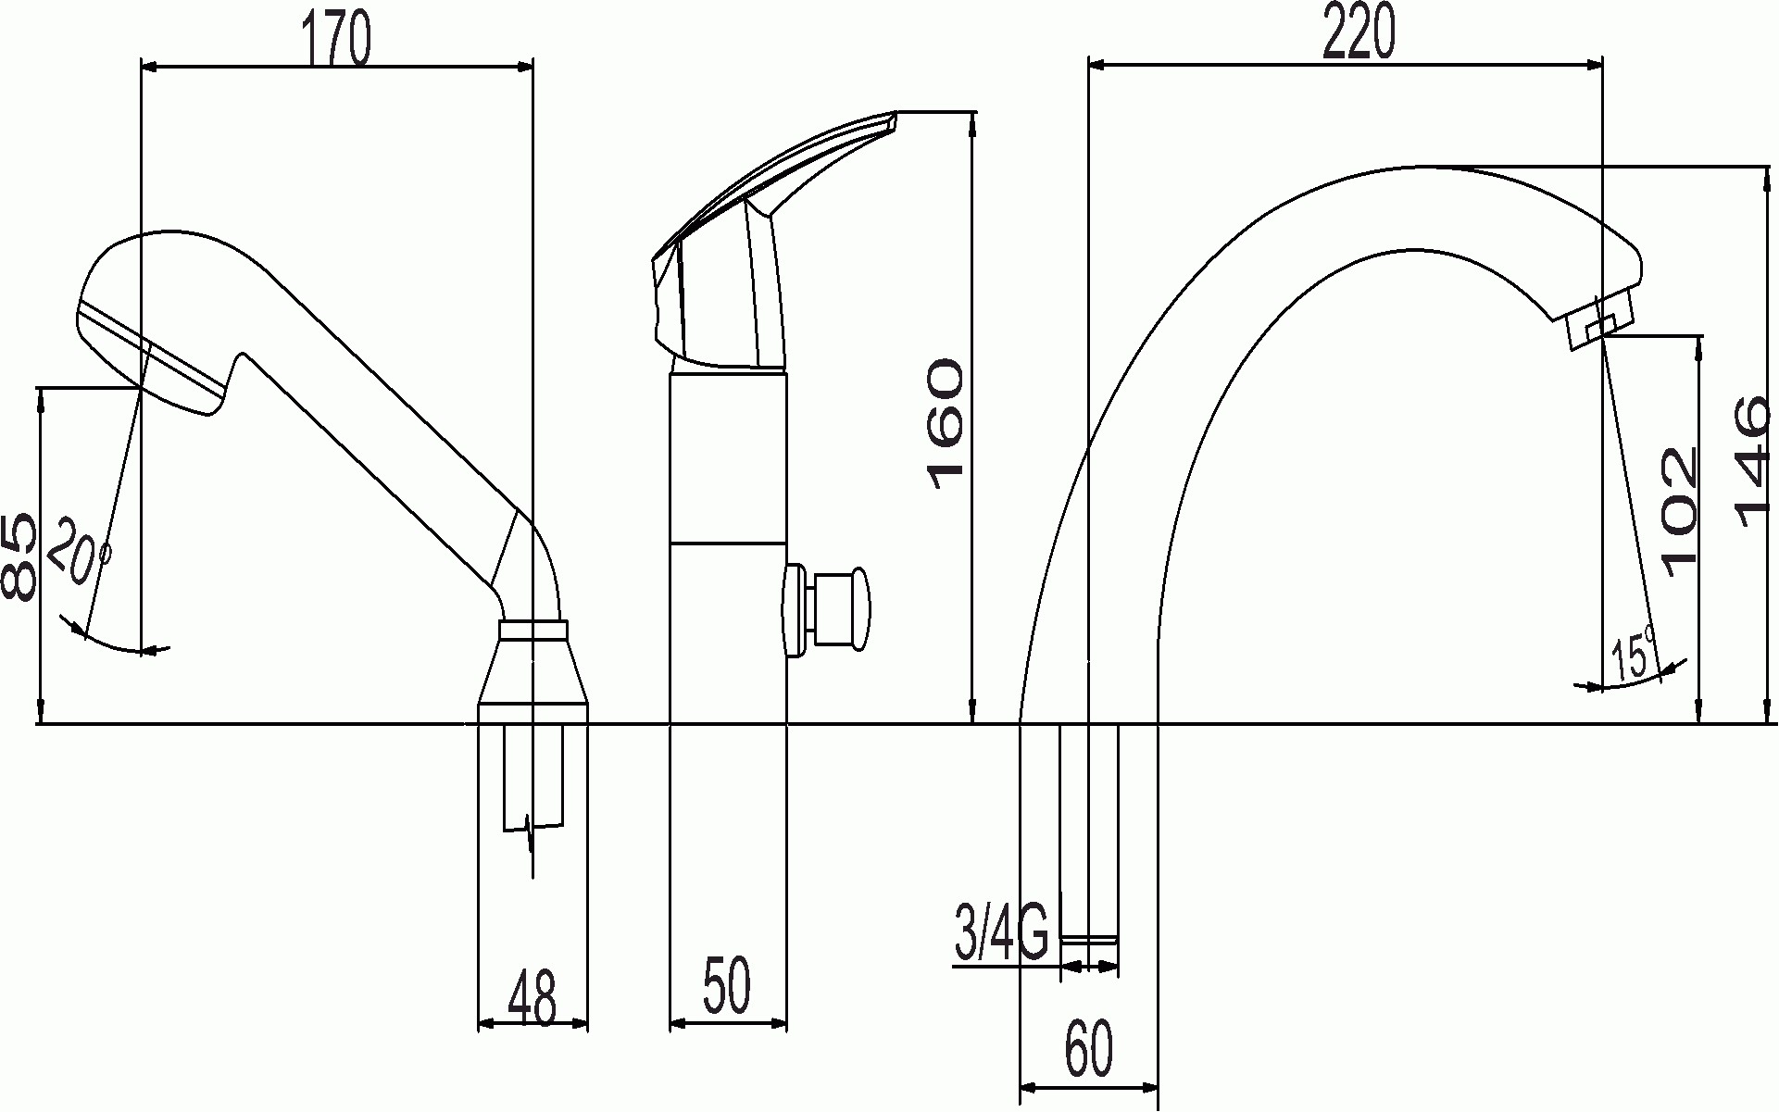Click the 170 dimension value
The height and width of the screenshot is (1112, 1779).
tap(335, 38)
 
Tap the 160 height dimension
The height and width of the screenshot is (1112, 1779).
tap(945, 419)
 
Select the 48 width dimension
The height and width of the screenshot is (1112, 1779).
tap(532, 997)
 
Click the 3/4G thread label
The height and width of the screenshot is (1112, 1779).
tap(1001, 934)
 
